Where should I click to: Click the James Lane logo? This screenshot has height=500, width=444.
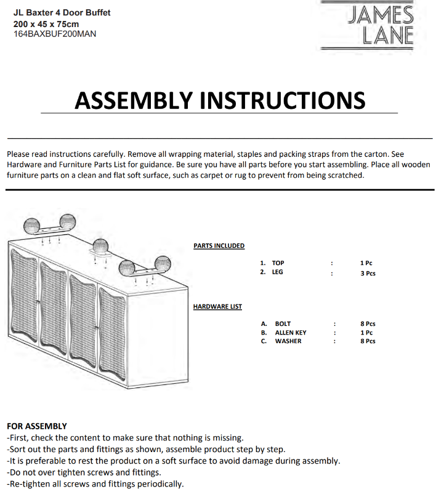380,25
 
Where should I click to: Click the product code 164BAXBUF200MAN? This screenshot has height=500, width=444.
55,33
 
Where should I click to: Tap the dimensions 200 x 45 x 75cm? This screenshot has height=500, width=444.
46,23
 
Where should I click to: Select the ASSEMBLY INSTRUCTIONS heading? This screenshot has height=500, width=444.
219,100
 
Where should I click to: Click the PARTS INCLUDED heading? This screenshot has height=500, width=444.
219,246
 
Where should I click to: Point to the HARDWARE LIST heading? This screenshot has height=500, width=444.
217,306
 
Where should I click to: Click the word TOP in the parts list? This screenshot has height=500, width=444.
278,263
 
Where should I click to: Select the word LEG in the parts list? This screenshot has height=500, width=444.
277,272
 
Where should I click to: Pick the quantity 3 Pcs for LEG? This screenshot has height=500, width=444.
368,273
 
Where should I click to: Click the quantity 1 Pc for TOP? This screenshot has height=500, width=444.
366,263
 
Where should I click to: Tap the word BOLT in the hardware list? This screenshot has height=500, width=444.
283,323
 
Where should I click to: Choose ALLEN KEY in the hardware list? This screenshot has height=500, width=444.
290,333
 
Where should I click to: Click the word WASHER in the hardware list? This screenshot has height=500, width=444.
288,341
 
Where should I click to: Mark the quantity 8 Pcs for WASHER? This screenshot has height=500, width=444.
368,341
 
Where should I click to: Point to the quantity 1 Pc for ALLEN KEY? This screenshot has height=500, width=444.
366,333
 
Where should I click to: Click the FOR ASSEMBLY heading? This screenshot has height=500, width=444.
36,426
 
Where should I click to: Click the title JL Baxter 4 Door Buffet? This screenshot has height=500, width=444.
52,13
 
